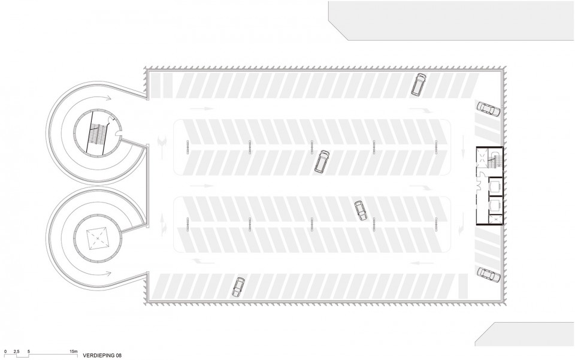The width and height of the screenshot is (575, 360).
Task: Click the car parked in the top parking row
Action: point(419,85)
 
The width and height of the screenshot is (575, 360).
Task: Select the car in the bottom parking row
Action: point(238,288)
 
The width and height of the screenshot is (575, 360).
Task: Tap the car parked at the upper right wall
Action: point(489,109)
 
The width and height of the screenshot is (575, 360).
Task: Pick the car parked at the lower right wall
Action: point(489,275)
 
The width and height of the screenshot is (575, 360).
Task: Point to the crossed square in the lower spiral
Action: point(98,239)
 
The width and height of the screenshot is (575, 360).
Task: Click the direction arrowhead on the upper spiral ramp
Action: point(108,98)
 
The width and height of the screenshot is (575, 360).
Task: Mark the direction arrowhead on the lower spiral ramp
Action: point(108,273)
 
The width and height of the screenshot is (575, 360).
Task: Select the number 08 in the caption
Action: point(118,355)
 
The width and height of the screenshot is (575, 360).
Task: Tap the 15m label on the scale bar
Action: point(74,351)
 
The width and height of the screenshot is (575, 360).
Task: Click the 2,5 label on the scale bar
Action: point(17,351)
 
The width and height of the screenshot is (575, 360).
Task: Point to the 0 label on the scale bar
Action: point(5,351)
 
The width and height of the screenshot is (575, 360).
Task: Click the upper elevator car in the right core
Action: point(495,186)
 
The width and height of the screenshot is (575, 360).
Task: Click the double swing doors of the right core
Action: point(480,186)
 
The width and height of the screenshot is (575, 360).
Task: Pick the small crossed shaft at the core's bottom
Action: point(496,219)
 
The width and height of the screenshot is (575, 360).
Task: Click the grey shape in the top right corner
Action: point(452,20)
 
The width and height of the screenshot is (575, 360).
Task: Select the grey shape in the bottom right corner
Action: point(525,334)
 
